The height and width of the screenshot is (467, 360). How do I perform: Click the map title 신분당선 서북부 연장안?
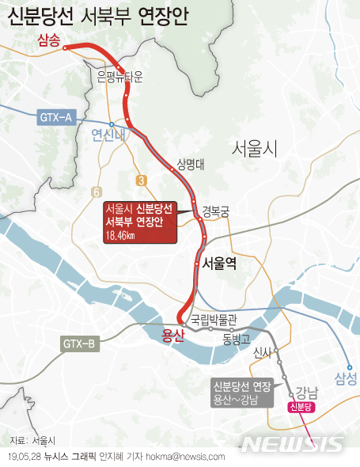100,16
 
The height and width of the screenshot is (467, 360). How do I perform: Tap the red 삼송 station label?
48,42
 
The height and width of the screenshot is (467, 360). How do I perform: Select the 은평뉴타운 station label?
119,77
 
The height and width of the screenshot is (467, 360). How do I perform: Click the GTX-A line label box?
55,118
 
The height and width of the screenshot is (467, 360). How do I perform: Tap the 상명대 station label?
191,165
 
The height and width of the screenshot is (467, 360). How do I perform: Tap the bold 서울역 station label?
219,263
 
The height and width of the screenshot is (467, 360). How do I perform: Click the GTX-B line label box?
80,344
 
